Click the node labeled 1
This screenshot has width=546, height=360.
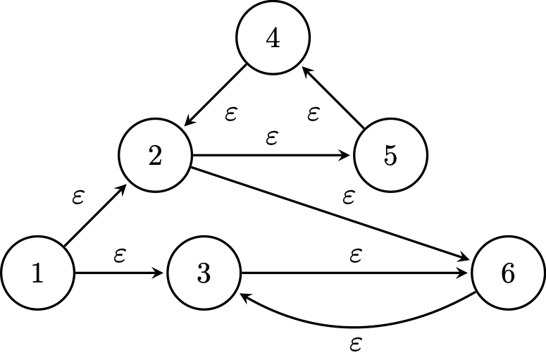click(37, 273)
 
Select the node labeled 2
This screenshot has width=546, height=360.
click(156, 156)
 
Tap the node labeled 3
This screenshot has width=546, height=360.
click(204, 273)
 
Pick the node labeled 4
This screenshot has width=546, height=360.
click(273, 39)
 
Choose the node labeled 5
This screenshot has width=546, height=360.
click(390, 156)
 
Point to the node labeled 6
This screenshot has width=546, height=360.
click(508, 273)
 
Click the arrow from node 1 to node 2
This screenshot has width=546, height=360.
click(95, 216)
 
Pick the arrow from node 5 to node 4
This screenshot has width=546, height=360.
click(332, 97)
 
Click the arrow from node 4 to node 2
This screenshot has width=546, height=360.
click(215, 96)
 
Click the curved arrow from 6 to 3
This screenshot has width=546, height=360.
click(356, 326)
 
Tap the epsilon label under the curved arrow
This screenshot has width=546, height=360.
click(356, 345)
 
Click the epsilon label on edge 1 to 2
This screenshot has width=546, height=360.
click(78, 197)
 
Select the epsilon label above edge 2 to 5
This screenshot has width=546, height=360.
click(272, 138)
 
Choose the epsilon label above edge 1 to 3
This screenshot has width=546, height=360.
click(120, 256)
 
